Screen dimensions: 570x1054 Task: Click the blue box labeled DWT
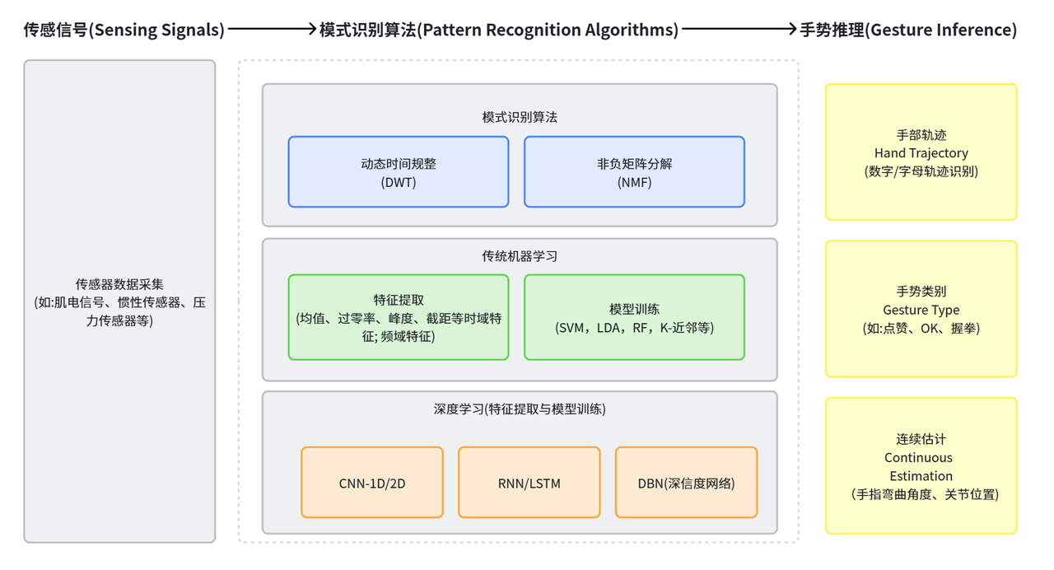coord(399,172)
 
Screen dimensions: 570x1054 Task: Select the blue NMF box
coord(634,172)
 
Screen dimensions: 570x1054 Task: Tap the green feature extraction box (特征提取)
coord(399,317)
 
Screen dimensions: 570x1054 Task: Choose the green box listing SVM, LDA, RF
coord(634,317)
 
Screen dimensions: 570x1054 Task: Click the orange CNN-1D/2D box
coord(372,483)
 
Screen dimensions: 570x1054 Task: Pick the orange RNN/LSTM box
coord(529,483)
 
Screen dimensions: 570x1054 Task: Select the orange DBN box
coord(686,483)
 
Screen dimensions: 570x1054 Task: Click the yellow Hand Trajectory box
coord(921,152)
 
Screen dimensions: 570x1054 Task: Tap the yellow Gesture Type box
coord(921,309)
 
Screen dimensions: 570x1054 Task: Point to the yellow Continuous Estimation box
coord(921,466)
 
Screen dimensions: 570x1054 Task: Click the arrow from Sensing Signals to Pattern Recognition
coord(272,30)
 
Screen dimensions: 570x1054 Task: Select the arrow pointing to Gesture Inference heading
coord(739,30)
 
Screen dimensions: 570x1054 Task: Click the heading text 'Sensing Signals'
coord(124,30)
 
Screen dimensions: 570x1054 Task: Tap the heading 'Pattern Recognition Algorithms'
coord(499,30)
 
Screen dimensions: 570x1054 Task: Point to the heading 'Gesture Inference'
coord(908,30)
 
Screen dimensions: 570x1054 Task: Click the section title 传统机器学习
coord(520,256)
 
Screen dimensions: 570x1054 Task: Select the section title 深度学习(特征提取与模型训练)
coord(520,409)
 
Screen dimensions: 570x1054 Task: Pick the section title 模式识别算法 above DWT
coord(520,117)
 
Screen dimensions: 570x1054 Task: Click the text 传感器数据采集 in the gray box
coord(119,285)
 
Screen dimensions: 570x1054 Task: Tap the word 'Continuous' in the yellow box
coord(918,458)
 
